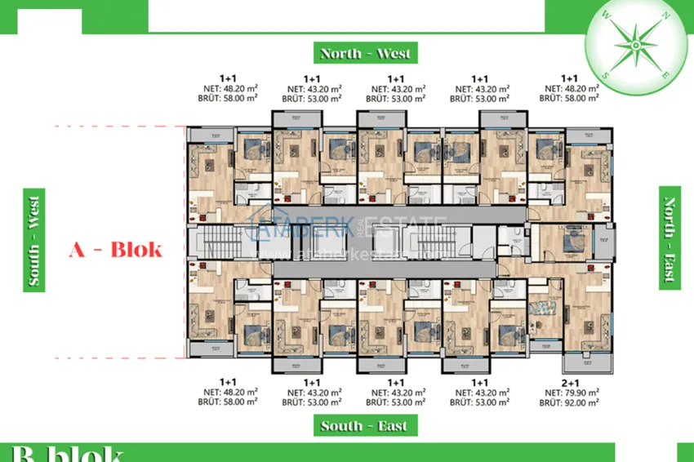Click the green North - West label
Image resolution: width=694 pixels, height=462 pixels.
366,53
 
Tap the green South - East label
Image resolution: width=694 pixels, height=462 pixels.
363,425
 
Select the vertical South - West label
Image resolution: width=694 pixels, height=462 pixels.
35,238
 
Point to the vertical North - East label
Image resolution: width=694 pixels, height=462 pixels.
670,238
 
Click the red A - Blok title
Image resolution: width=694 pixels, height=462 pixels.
115,250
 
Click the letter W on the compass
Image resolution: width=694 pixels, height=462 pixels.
606,15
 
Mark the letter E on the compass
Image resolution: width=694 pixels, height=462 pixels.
666,74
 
